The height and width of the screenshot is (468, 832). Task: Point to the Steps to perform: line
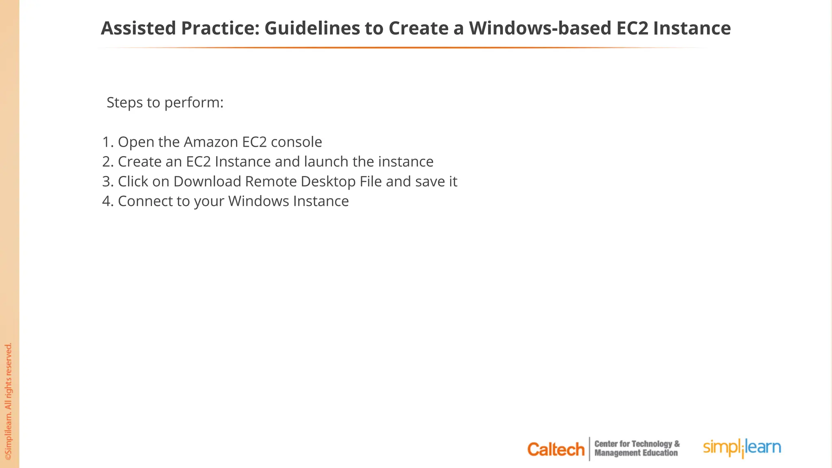tap(165, 102)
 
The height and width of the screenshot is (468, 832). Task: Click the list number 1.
tap(107, 142)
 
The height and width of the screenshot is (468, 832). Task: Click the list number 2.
tap(107, 162)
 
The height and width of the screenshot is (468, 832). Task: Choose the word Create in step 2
tap(139, 162)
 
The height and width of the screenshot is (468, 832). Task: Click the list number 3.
tap(107, 182)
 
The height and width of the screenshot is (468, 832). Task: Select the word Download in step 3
tap(207, 182)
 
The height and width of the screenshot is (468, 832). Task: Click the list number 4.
tap(107, 201)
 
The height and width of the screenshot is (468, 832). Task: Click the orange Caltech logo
tap(556, 449)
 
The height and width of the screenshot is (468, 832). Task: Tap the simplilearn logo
tap(742, 448)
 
